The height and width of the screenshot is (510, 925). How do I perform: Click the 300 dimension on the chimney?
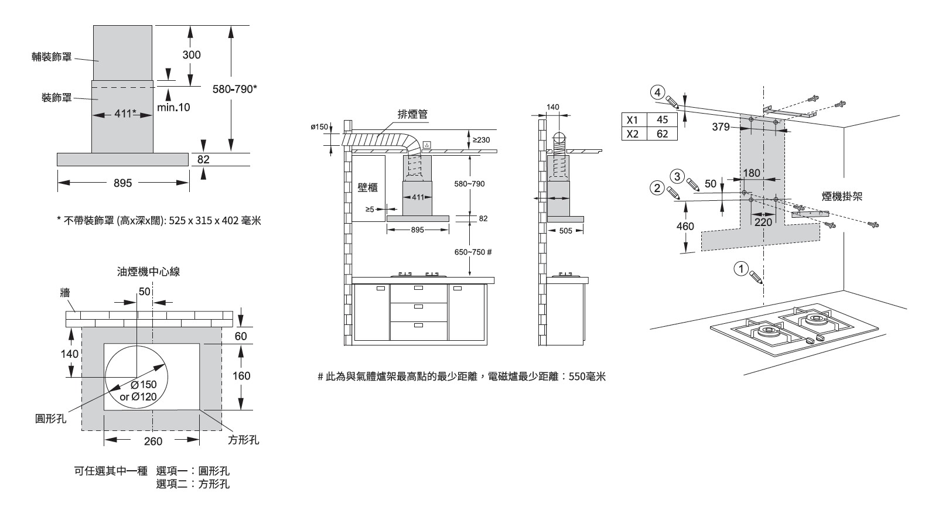tap(192, 55)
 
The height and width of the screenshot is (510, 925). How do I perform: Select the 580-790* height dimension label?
tap(234, 89)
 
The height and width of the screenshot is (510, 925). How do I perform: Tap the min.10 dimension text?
tap(173, 108)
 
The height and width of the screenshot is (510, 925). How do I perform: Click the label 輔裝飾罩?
tap(52, 57)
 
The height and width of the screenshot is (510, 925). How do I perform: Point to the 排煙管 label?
tap(412, 115)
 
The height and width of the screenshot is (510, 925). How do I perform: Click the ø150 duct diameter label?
tap(319, 127)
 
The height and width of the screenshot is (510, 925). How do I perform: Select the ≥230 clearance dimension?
tap(481, 140)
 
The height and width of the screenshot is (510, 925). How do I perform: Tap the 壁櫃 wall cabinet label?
tap(367, 187)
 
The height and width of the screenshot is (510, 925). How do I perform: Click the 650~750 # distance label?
tap(473, 252)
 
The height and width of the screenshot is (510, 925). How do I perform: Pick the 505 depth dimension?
tap(565, 231)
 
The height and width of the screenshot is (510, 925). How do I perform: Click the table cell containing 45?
tap(662, 120)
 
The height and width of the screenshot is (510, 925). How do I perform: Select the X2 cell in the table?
tap(633, 134)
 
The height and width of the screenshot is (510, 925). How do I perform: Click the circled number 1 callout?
tap(741, 269)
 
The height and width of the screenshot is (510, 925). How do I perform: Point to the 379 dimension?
tap(721, 126)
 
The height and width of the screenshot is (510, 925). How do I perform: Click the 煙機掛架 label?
tap(842, 197)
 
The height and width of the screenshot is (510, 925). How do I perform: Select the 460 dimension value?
tap(685, 226)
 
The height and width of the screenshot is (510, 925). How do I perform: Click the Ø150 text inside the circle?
tap(143, 385)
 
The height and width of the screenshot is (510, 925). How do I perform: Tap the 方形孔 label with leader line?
tap(243, 440)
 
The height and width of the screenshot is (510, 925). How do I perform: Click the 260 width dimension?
tap(153, 441)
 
